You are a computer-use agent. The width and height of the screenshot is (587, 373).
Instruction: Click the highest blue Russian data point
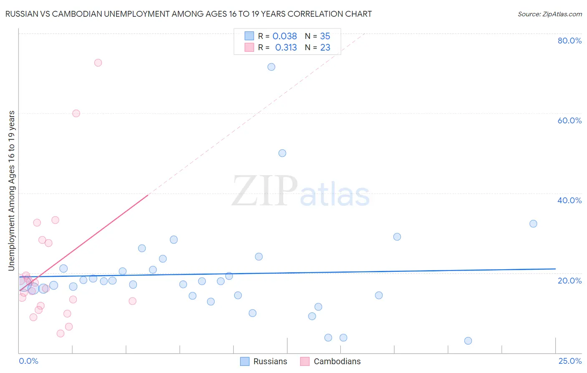point(271,67)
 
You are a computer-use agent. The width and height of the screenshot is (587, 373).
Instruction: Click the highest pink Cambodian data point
point(98,63)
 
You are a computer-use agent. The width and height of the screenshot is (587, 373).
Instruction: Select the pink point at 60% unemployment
point(76,113)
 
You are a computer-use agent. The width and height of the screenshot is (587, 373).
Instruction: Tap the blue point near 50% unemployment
point(282,153)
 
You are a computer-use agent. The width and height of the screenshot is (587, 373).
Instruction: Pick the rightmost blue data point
point(533,224)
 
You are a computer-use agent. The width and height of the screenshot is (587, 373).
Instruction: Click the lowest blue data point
point(468,341)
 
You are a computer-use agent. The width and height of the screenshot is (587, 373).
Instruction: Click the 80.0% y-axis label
point(569,41)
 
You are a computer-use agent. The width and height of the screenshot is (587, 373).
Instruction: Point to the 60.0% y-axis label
point(569,120)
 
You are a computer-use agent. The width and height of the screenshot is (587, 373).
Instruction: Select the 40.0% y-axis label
point(569,200)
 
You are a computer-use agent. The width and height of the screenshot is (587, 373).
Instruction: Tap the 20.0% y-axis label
point(569,281)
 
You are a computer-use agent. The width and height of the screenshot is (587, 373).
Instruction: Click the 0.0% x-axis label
point(28,361)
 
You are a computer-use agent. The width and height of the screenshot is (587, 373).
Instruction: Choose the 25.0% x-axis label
point(570,361)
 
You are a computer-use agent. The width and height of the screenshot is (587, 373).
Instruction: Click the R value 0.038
point(285,36)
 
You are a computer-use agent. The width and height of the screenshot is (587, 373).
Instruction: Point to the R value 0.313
point(286,48)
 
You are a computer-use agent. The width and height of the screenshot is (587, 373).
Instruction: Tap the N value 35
point(325,36)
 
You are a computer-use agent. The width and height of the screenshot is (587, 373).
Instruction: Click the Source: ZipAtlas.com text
point(549,14)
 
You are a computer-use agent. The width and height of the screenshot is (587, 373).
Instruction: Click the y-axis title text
point(12,191)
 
